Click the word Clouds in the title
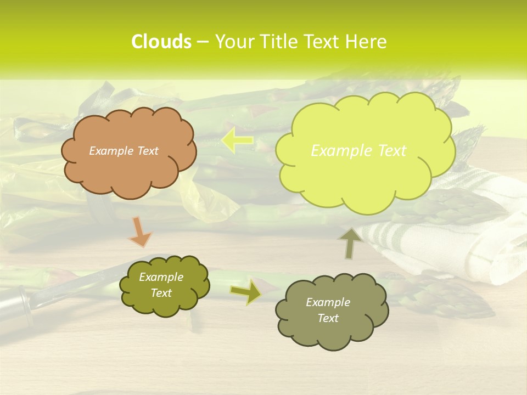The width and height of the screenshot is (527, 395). coord(161,42)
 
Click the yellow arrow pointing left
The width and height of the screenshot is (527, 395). coord(237,141)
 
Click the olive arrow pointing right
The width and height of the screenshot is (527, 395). coord(246,291)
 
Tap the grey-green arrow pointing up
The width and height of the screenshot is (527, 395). coord(350,242)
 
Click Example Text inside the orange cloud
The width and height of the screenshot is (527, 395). coord(124,151)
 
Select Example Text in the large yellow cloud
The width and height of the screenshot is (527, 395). coord(358,151)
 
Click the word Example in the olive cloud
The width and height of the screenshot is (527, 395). coord(161,277)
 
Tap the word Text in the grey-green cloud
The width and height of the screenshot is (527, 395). coord(328,318)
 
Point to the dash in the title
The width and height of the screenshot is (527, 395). coord(202,42)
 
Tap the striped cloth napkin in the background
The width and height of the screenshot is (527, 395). coord(467,236)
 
